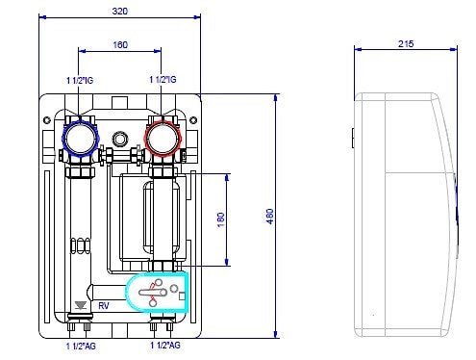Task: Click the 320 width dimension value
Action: coord(120,12)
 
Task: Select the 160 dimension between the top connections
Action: coord(120,44)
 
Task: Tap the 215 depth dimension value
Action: coord(406,43)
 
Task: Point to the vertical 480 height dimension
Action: coord(270,217)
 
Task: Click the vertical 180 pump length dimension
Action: coord(221,219)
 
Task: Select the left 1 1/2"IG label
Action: coord(80,80)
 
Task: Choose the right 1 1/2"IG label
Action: coord(163,79)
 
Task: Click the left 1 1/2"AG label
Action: coord(81,347)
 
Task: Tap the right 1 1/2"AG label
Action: coord(165,346)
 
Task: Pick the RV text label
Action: coord(104,306)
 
